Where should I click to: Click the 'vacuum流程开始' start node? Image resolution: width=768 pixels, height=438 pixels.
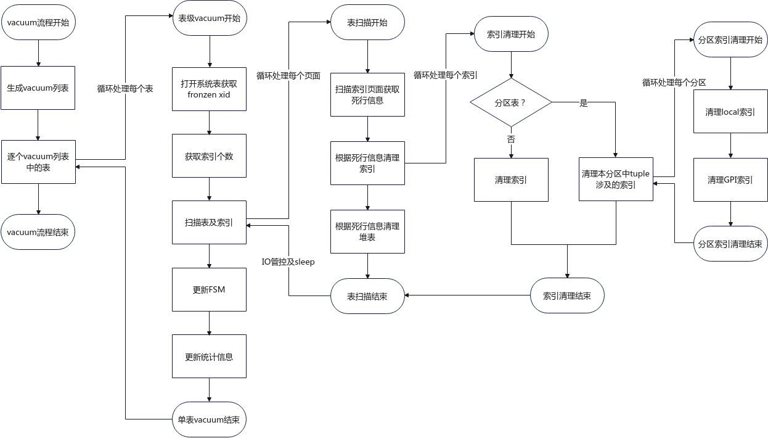click(x=38, y=22)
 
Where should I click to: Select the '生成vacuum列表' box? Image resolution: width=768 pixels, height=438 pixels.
click(x=38, y=88)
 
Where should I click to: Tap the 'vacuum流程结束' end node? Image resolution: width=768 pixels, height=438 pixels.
click(x=38, y=232)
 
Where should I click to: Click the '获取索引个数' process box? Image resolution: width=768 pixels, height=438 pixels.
click(x=209, y=156)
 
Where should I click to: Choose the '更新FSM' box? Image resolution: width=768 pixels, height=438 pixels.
click(x=209, y=289)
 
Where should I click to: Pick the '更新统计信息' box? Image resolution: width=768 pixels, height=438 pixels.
click(x=209, y=357)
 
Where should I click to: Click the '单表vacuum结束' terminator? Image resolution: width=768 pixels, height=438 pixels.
click(x=209, y=419)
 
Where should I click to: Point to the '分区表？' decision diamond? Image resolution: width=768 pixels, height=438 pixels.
click(x=511, y=102)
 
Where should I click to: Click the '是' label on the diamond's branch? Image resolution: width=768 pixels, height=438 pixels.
click(x=584, y=102)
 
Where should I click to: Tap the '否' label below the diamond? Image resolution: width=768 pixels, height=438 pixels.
click(x=511, y=139)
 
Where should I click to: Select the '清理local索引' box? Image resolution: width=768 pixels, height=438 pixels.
click(x=730, y=112)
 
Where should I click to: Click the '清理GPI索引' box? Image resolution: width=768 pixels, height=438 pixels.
click(x=730, y=180)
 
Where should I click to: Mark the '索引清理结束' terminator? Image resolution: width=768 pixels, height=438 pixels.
click(x=567, y=295)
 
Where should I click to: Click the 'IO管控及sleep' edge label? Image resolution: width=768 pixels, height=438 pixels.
click(x=288, y=262)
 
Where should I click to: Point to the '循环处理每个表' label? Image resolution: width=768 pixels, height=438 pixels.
click(x=125, y=89)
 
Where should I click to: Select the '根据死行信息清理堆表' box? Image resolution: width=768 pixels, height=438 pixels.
click(x=367, y=232)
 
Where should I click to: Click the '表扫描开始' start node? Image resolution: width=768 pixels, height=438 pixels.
click(x=367, y=22)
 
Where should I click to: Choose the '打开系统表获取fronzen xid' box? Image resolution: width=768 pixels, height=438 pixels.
click(x=209, y=89)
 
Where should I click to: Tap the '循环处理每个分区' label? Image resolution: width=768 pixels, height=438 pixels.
click(x=674, y=83)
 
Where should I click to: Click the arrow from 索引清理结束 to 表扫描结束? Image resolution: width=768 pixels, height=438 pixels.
click(x=468, y=295)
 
